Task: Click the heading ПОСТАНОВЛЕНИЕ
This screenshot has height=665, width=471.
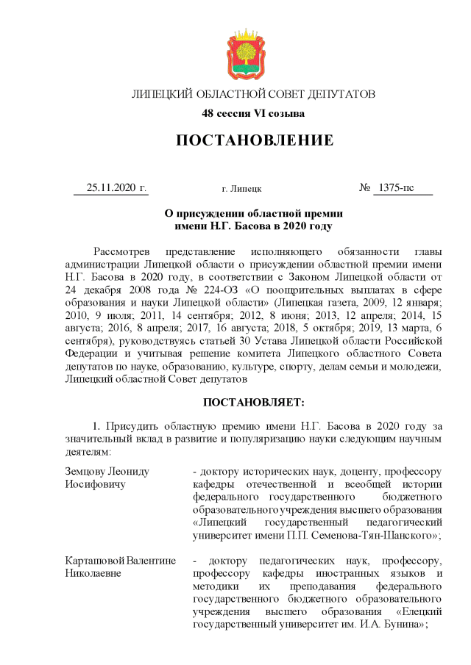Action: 254,140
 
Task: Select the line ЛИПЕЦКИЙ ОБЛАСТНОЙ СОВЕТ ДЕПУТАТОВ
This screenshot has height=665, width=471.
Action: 253,95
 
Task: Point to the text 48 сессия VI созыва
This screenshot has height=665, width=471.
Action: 253,113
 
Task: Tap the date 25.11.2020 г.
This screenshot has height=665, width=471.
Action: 117,187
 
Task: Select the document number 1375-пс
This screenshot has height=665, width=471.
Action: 395,187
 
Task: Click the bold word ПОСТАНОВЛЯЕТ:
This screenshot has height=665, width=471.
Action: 253,403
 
